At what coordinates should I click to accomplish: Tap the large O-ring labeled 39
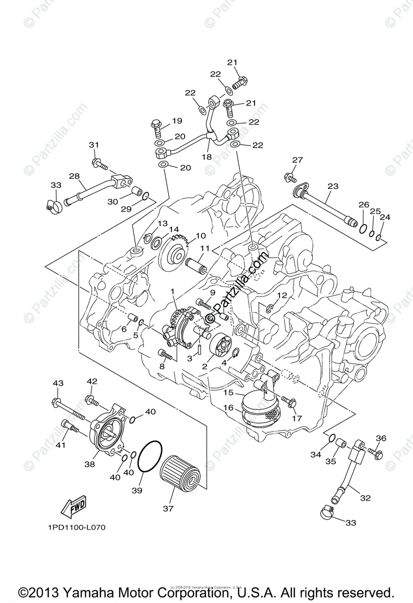tap(150, 457)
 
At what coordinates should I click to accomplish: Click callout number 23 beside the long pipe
tap(333, 186)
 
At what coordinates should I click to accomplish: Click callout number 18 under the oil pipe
tap(207, 156)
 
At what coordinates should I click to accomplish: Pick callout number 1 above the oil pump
tap(173, 291)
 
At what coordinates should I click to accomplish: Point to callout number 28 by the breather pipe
tap(74, 176)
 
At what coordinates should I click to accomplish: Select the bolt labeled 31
tap(99, 163)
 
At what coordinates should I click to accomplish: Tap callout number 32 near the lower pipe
tap(365, 498)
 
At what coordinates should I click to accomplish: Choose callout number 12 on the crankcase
tap(282, 295)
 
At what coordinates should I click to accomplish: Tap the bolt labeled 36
tap(375, 452)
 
